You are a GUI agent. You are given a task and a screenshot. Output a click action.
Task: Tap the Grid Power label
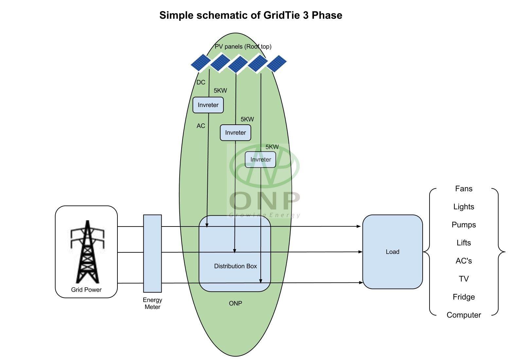point(86,290)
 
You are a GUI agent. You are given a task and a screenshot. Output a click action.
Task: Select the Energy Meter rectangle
point(152,253)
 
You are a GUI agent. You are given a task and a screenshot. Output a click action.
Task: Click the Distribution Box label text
point(236,266)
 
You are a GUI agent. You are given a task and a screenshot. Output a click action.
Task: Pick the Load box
point(393,252)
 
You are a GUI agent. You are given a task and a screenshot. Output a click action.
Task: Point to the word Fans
point(464,189)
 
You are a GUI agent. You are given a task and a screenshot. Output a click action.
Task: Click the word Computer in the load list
point(464,315)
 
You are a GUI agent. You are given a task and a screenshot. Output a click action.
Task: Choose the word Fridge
point(464,297)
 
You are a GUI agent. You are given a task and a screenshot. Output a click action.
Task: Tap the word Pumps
point(464,225)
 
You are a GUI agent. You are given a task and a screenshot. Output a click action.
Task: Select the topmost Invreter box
point(208,105)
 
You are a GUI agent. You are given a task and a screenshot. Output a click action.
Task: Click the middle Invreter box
point(236,133)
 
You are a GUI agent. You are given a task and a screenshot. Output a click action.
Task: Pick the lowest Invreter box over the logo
point(261,160)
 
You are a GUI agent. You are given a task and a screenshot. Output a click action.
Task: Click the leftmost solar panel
point(201,63)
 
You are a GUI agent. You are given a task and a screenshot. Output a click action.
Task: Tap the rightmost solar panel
point(277,63)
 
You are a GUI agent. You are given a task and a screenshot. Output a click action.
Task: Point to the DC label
point(201,82)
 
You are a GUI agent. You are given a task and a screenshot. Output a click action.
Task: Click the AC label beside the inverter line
point(201,126)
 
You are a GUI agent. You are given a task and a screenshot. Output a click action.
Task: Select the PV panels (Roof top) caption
point(243,46)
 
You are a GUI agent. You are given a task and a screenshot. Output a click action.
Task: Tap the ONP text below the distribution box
point(236,303)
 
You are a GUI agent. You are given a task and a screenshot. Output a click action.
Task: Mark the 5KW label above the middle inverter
point(247,119)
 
